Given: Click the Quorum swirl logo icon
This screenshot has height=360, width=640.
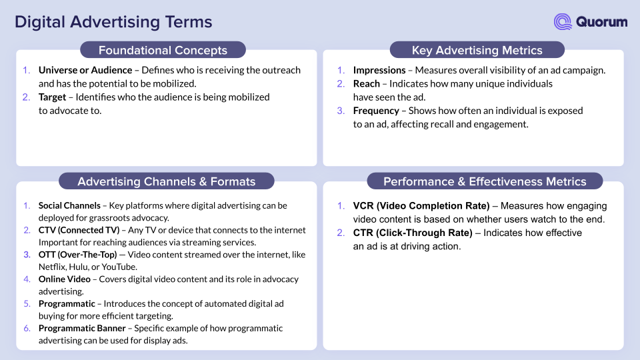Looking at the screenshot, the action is [x=563, y=21].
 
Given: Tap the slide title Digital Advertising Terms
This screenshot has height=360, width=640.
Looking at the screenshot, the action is [x=113, y=22].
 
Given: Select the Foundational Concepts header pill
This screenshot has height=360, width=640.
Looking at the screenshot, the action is [x=163, y=50].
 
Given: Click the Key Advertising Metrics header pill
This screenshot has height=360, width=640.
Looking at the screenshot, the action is [x=477, y=50].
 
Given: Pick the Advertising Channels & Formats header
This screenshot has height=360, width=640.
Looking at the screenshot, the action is [x=167, y=181].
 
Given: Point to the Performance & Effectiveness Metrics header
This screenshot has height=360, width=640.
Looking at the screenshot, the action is [x=485, y=181].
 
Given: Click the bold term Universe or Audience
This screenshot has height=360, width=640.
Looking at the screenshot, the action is [x=85, y=70].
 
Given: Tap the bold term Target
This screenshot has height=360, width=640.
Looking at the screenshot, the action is [x=52, y=97].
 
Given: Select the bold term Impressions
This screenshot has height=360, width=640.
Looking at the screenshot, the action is [x=379, y=70].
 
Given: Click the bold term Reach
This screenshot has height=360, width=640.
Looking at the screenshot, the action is [x=367, y=84].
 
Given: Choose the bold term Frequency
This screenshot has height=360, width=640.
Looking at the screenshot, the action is [x=376, y=111].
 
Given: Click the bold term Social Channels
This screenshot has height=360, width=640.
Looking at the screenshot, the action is [x=69, y=205].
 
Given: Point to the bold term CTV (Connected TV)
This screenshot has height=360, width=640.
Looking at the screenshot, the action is [x=79, y=230].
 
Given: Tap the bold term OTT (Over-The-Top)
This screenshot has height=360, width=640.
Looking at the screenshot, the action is [x=77, y=255].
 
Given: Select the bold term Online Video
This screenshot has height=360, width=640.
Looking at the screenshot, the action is [x=65, y=279].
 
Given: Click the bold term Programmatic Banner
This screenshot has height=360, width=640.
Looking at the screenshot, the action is [x=82, y=328].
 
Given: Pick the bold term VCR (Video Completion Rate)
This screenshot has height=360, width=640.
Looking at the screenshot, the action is [x=421, y=206].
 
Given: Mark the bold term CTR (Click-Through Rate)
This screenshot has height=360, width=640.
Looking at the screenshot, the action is [x=413, y=233].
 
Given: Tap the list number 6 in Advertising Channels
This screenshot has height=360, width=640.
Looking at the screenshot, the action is [x=27, y=328].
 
